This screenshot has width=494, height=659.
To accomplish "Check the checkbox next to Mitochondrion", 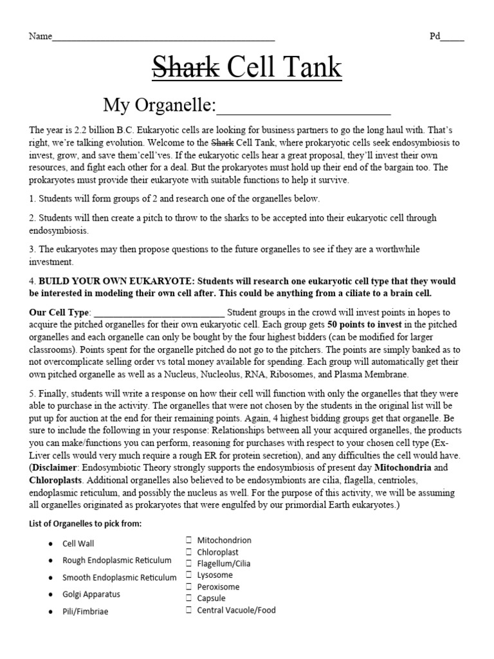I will pos(190,541).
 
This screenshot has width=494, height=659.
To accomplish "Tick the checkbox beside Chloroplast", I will pos(190,552).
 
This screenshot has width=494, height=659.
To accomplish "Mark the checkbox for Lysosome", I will pos(190,575).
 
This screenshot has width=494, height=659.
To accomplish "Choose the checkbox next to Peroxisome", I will pos(190,587).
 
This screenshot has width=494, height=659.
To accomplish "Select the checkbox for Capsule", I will pos(190,599).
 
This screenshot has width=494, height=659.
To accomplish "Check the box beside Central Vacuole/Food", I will pos(190,610).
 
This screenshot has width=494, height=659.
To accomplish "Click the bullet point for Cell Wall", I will pos(50,544).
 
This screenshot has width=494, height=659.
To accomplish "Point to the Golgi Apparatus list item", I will pos(91,594).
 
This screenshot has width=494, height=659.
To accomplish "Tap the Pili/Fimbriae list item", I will pos(85,611).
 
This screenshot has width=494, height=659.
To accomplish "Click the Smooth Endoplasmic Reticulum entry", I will pos(118,577).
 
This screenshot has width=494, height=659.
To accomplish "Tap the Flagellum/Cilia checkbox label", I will pos(224,564).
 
